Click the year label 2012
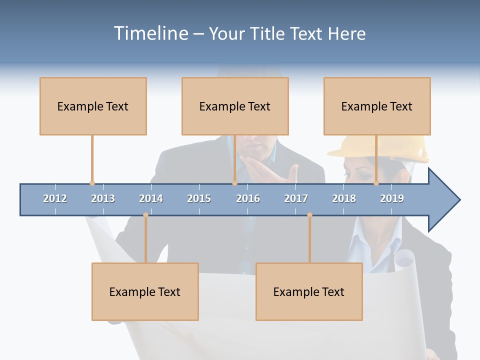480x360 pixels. tap(55, 198)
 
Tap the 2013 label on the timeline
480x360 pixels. tap(103, 198)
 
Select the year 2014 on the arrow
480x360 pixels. tap(151, 198)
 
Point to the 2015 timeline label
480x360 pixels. tap(199, 198)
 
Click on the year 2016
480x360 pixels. tap(248, 198)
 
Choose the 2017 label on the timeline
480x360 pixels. tap(296, 198)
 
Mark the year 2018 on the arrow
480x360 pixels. tap(344, 198)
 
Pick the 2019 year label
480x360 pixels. tap(392, 198)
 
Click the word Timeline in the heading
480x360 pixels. tap(150, 33)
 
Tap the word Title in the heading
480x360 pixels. tap(268, 33)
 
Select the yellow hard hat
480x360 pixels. tap(380, 148)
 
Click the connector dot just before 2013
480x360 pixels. tap(92, 183)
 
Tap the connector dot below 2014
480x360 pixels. tap(145, 215)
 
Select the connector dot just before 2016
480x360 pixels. tap(234, 183)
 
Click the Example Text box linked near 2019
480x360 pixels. tap(377, 106)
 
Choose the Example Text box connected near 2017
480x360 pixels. tap(309, 291)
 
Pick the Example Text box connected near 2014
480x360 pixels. tap(145, 291)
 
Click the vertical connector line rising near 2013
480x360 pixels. tap(92, 159)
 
